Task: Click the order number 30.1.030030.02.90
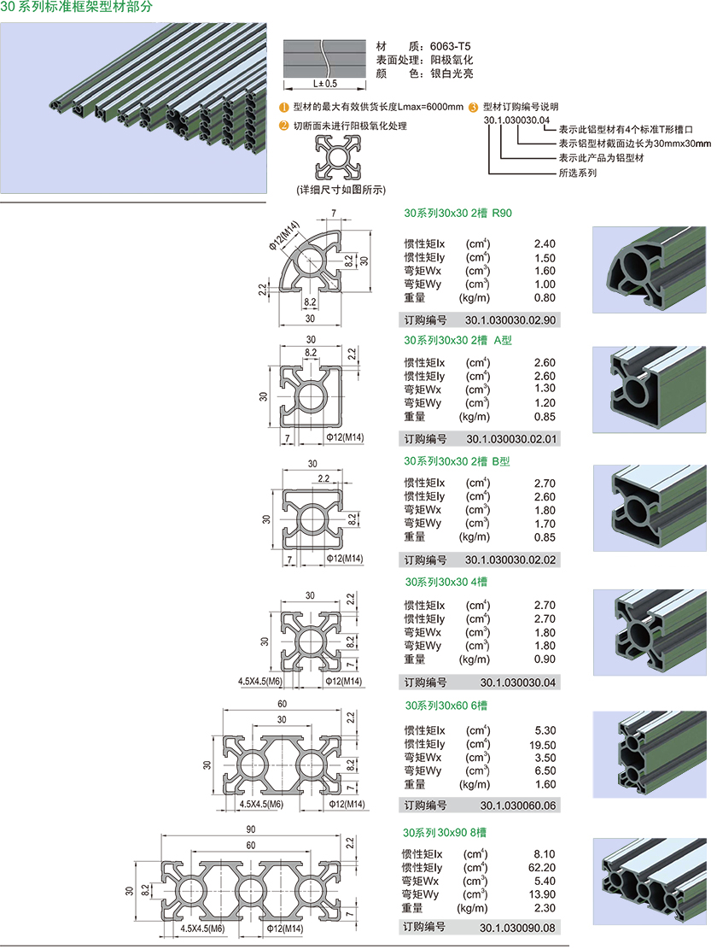[x=510, y=320]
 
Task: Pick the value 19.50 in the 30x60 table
[x=543, y=744]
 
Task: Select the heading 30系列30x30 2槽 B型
[x=457, y=461]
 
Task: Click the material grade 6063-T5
[x=451, y=47]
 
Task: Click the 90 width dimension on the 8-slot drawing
[x=249, y=829]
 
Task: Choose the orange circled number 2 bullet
[x=284, y=126]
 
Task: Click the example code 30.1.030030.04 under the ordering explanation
[x=516, y=120]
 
